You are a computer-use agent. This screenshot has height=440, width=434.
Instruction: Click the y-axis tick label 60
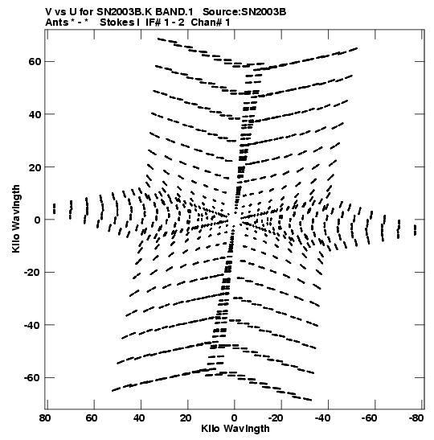(x=35, y=61)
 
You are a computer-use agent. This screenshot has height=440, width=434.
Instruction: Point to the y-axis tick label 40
(x=35, y=114)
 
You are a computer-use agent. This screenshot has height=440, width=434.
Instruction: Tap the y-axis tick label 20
(x=35, y=167)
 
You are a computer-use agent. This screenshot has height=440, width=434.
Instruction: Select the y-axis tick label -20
(x=32, y=272)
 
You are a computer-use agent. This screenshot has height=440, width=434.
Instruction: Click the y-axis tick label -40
(x=32, y=325)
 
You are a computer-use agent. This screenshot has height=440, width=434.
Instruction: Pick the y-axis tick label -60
(x=32, y=378)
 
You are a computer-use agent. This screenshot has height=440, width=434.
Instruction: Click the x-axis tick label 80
(x=45, y=418)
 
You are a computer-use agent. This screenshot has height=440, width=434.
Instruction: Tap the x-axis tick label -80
(x=416, y=418)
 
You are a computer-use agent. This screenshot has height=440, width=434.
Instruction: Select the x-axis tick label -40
(x=322, y=418)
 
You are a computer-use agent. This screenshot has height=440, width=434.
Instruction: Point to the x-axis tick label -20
(x=276, y=418)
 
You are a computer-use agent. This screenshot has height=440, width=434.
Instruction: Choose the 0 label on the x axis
(x=234, y=418)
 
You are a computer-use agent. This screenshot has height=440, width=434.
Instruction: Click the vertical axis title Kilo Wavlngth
(x=16, y=219)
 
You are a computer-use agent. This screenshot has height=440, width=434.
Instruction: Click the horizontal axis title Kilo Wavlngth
(x=235, y=429)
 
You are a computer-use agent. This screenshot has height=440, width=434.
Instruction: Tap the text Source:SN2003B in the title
(x=244, y=12)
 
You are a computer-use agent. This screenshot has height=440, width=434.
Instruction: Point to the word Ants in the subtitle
(x=56, y=23)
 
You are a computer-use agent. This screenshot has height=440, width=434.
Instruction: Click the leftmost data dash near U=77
(x=55, y=209)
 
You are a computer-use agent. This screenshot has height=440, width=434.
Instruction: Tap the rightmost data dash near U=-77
(x=416, y=230)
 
